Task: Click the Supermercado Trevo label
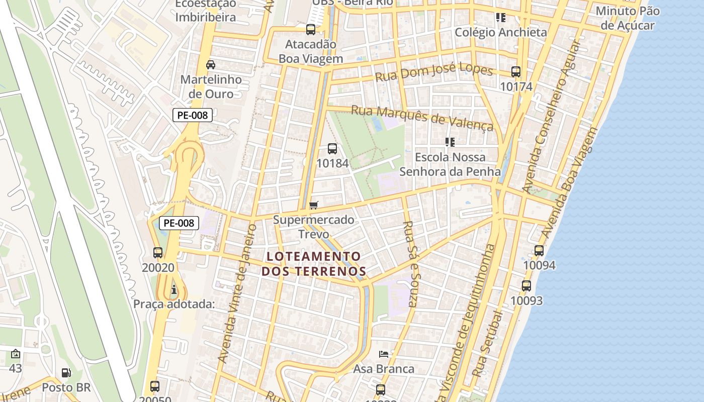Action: click(x=313, y=227)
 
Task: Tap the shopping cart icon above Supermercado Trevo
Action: click(x=314, y=205)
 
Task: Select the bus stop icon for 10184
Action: click(x=332, y=149)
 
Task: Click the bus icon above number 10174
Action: click(x=515, y=72)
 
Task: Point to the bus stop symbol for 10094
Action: click(x=539, y=250)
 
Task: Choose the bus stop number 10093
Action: click(x=526, y=300)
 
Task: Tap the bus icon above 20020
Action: click(x=158, y=253)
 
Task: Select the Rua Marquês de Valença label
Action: click(x=422, y=117)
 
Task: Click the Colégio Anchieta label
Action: click(x=500, y=32)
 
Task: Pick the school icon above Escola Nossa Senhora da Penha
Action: click(x=450, y=142)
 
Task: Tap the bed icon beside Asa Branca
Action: click(x=384, y=354)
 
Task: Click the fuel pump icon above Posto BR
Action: click(x=66, y=373)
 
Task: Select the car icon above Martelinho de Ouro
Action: click(x=211, y=65)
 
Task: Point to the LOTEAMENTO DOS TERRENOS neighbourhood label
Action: click(x=313, y=264)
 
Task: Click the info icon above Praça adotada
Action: click(x=173, y=289)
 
